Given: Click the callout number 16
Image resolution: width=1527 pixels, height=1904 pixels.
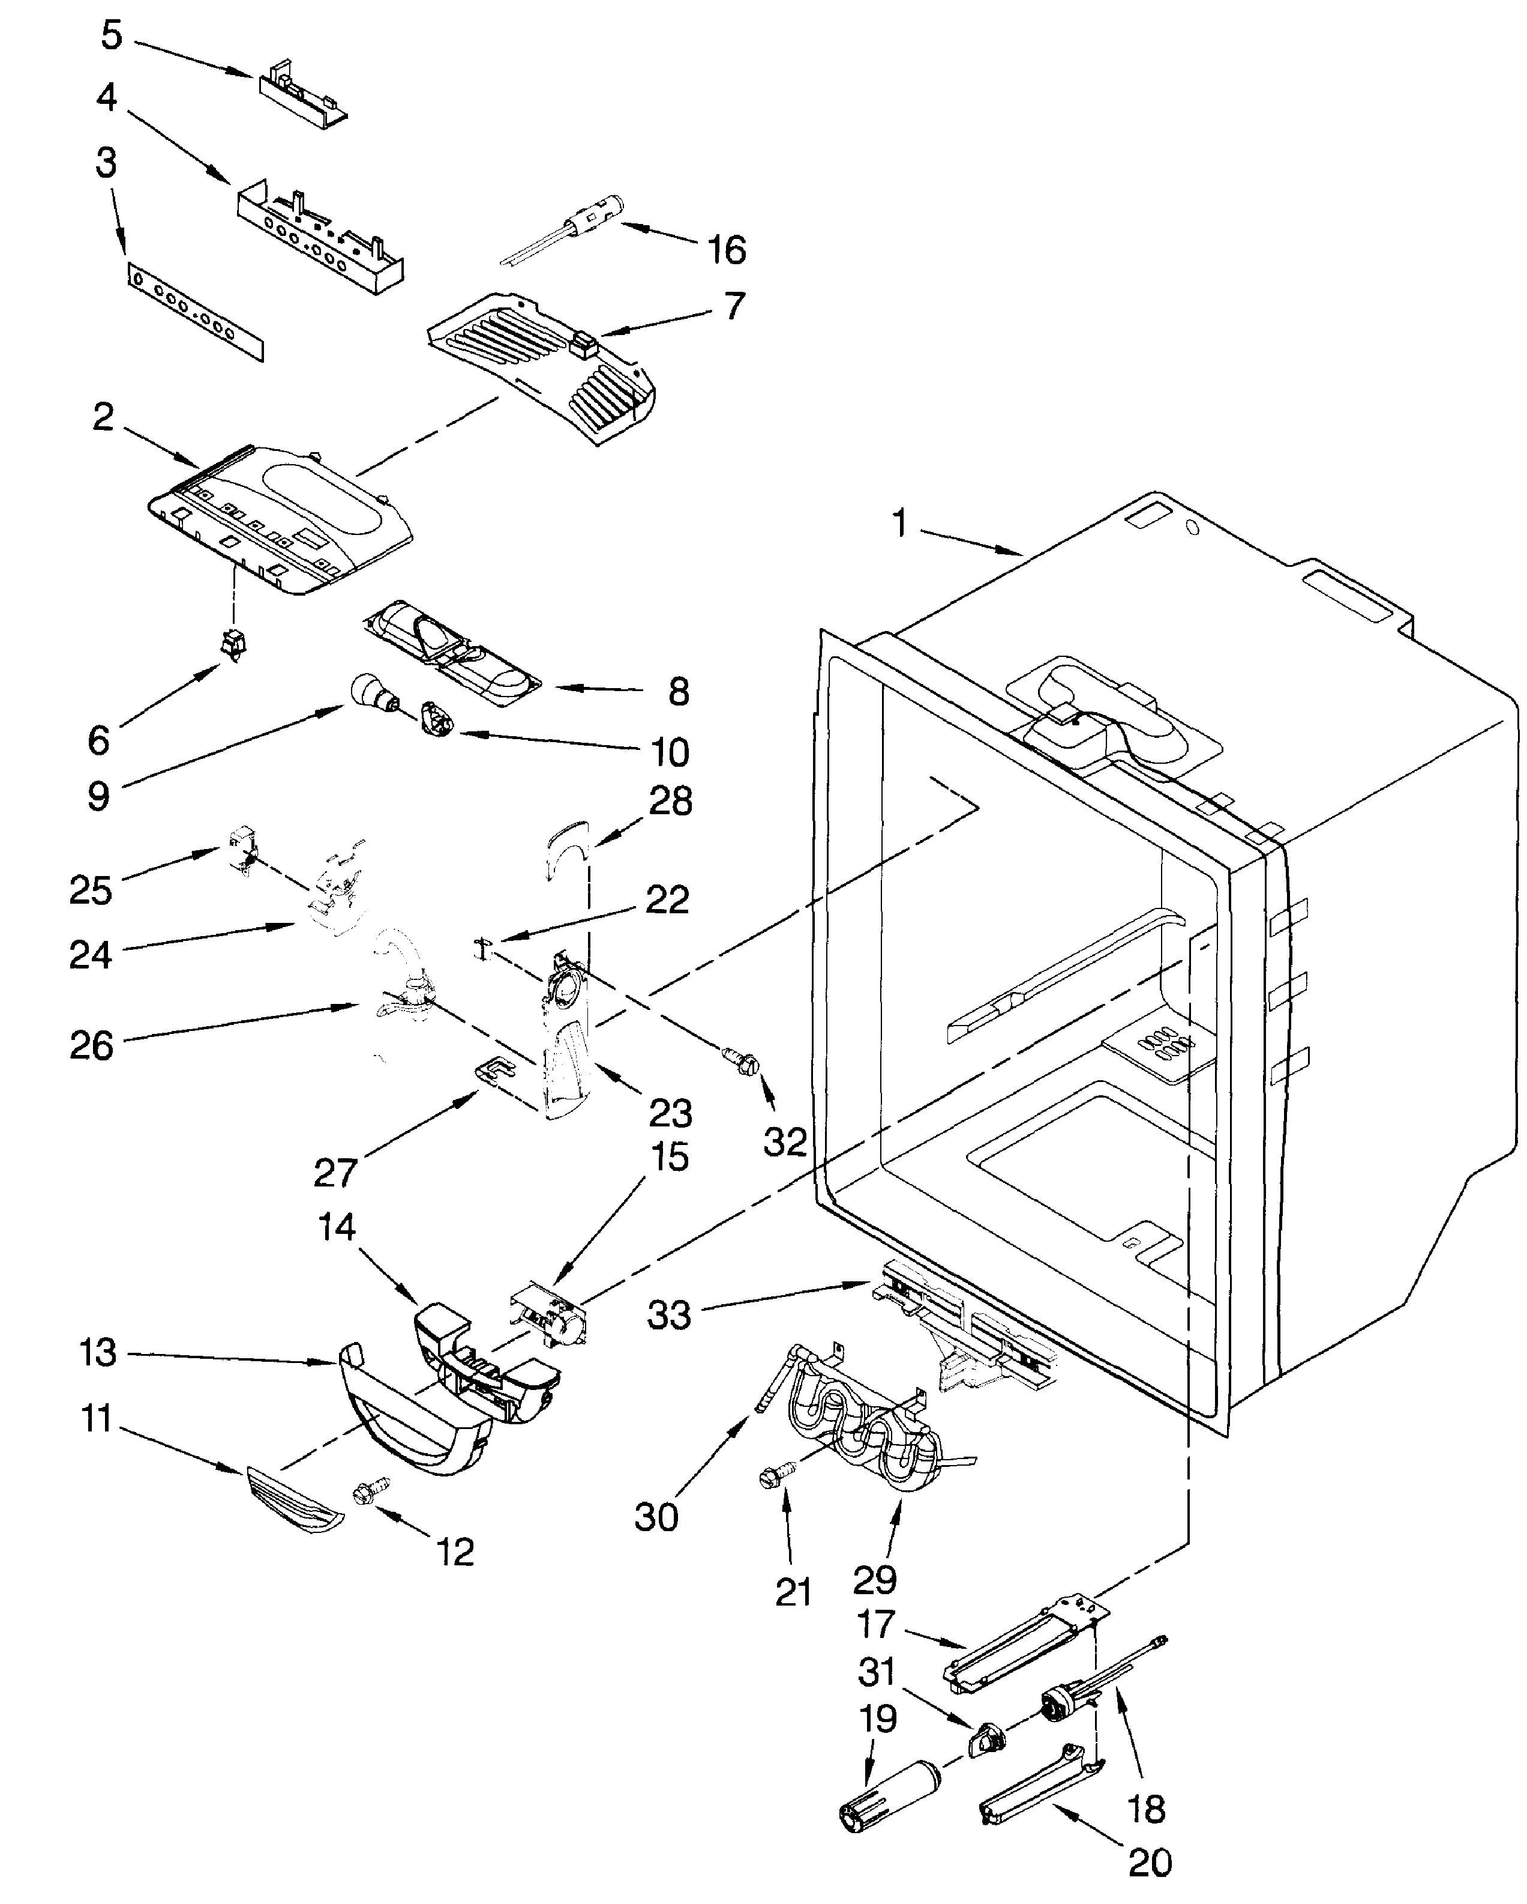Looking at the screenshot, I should (727, 250).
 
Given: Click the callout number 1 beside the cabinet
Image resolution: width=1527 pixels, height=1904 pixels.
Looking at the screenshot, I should (899, 524).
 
